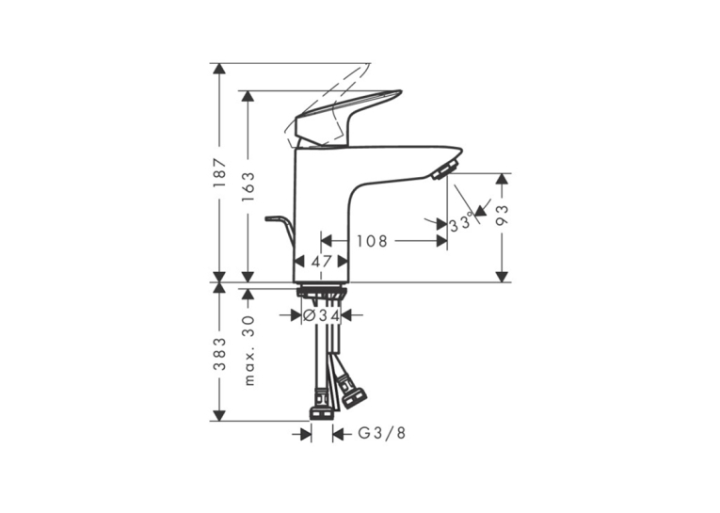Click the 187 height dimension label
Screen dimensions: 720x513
pos(220,172)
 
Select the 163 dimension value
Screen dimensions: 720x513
pos(248,186)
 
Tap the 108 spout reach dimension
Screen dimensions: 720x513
pos(373,241)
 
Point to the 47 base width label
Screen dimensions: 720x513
pos(321,262)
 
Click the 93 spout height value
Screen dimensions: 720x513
pos(503,216)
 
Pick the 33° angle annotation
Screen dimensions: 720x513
pos(461,224)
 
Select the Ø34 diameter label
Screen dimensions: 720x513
pos(322,315)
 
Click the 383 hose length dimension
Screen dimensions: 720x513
pos(220,354)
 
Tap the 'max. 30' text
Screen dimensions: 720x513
pos(248,350)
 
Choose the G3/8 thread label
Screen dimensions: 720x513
pos(382,433)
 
